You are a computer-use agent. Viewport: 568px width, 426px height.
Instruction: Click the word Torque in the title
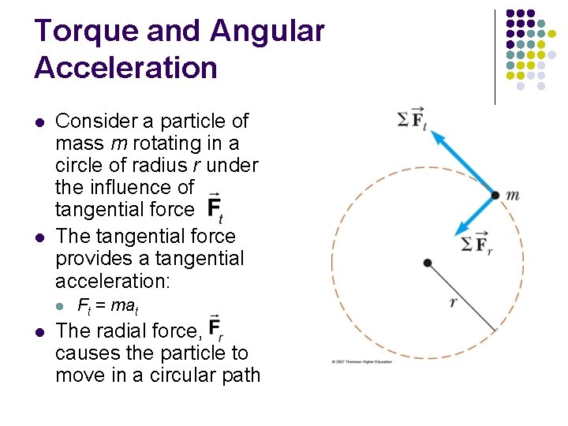tap(77, 32)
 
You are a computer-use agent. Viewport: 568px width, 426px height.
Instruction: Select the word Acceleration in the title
tap(125, 68)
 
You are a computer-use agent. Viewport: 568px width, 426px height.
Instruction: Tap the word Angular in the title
tap(267, 32)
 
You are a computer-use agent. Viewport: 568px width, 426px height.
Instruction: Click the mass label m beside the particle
tap(513, 195)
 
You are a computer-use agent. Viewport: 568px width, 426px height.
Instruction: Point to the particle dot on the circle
tap(495, 195)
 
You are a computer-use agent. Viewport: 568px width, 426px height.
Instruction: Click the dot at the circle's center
tap(427, 262)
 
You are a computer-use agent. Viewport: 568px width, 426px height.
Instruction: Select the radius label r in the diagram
tap(453, 301)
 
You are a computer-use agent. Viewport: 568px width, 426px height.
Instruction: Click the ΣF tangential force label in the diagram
tap(411, 119)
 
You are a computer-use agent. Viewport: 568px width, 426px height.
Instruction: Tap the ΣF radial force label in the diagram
tap(476, 244)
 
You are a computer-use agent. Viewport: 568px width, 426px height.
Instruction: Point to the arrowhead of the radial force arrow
tap(458, 230)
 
